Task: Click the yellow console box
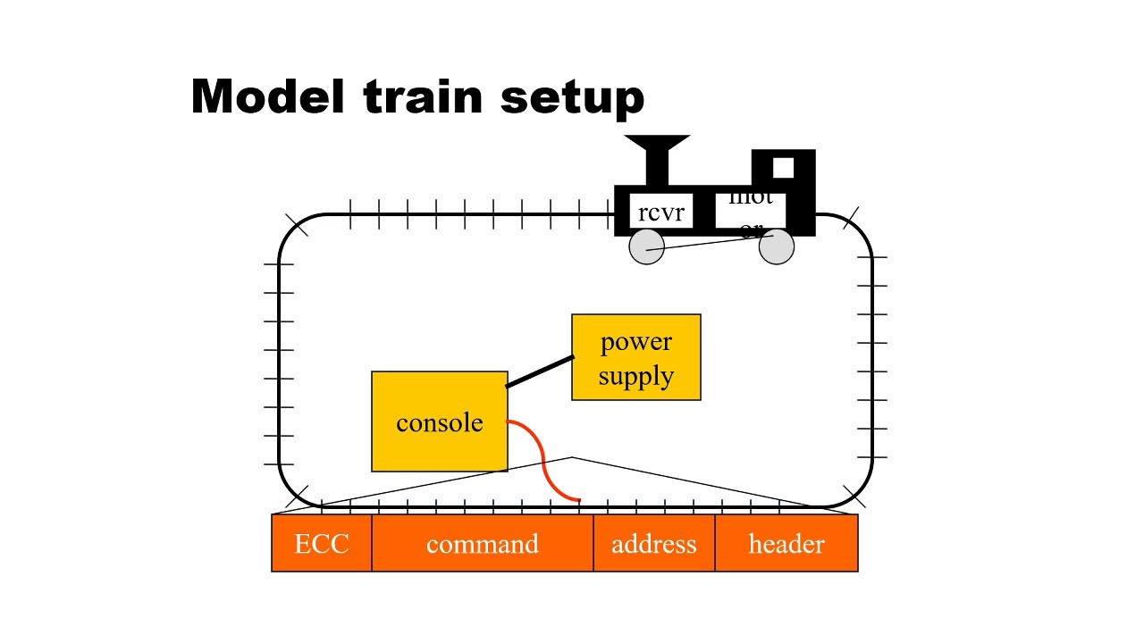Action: coord(439,422)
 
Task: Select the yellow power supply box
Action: coord(635,357)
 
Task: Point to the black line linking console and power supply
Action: coord(540,372)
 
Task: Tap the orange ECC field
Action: coord(322,543)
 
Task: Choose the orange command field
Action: coord(482,543)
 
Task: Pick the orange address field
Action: coord(653,543)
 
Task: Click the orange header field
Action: coord(786,543)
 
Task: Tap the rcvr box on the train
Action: coord(660,212)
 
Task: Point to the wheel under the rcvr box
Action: coord(646,247)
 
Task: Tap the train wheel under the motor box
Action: coord(776,247)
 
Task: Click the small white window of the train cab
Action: coord(783,168)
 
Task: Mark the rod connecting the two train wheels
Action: coord(711,242)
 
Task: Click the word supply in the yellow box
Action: coord(635,375)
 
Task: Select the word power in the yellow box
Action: coord(635,341)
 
